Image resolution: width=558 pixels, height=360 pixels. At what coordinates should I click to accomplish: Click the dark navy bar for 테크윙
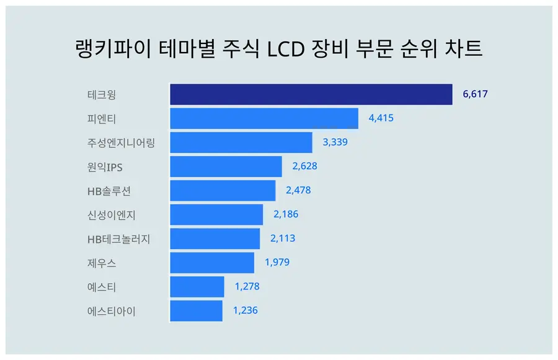[311, 94]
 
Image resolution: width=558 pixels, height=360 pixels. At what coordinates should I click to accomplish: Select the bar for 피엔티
[264, 118]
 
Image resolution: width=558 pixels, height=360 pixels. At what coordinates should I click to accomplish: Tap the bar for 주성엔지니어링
[241, 143]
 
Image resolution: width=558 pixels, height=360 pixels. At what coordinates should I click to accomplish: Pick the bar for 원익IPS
[226, 167]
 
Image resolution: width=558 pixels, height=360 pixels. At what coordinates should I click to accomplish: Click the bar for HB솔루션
[223, 191]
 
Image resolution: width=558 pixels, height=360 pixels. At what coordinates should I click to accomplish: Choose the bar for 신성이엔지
[216, 214]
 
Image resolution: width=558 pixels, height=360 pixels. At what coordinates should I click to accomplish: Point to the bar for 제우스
[212, 263]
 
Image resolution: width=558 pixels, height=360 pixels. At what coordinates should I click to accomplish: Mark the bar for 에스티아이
[196, 311]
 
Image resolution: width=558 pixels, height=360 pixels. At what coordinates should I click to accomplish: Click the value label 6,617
[475, 94]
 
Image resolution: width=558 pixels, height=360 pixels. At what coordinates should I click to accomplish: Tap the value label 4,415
[381, 118]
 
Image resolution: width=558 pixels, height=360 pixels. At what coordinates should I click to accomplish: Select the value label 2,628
[304, 166]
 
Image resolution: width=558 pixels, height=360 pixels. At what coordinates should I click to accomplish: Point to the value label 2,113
[283, 239]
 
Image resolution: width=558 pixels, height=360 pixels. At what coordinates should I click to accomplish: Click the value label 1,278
[247, 286]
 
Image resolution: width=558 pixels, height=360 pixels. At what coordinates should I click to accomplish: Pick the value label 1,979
[277, 262]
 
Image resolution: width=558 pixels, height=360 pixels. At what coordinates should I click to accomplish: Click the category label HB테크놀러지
[119, 239]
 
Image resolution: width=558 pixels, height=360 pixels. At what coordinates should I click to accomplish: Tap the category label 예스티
[102, 287]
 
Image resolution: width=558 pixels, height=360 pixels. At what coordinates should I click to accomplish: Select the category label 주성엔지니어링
[122, 143]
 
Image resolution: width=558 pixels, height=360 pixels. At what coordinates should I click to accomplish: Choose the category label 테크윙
[102, 95]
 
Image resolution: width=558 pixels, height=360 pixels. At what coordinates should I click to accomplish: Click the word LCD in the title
[286, 49]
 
